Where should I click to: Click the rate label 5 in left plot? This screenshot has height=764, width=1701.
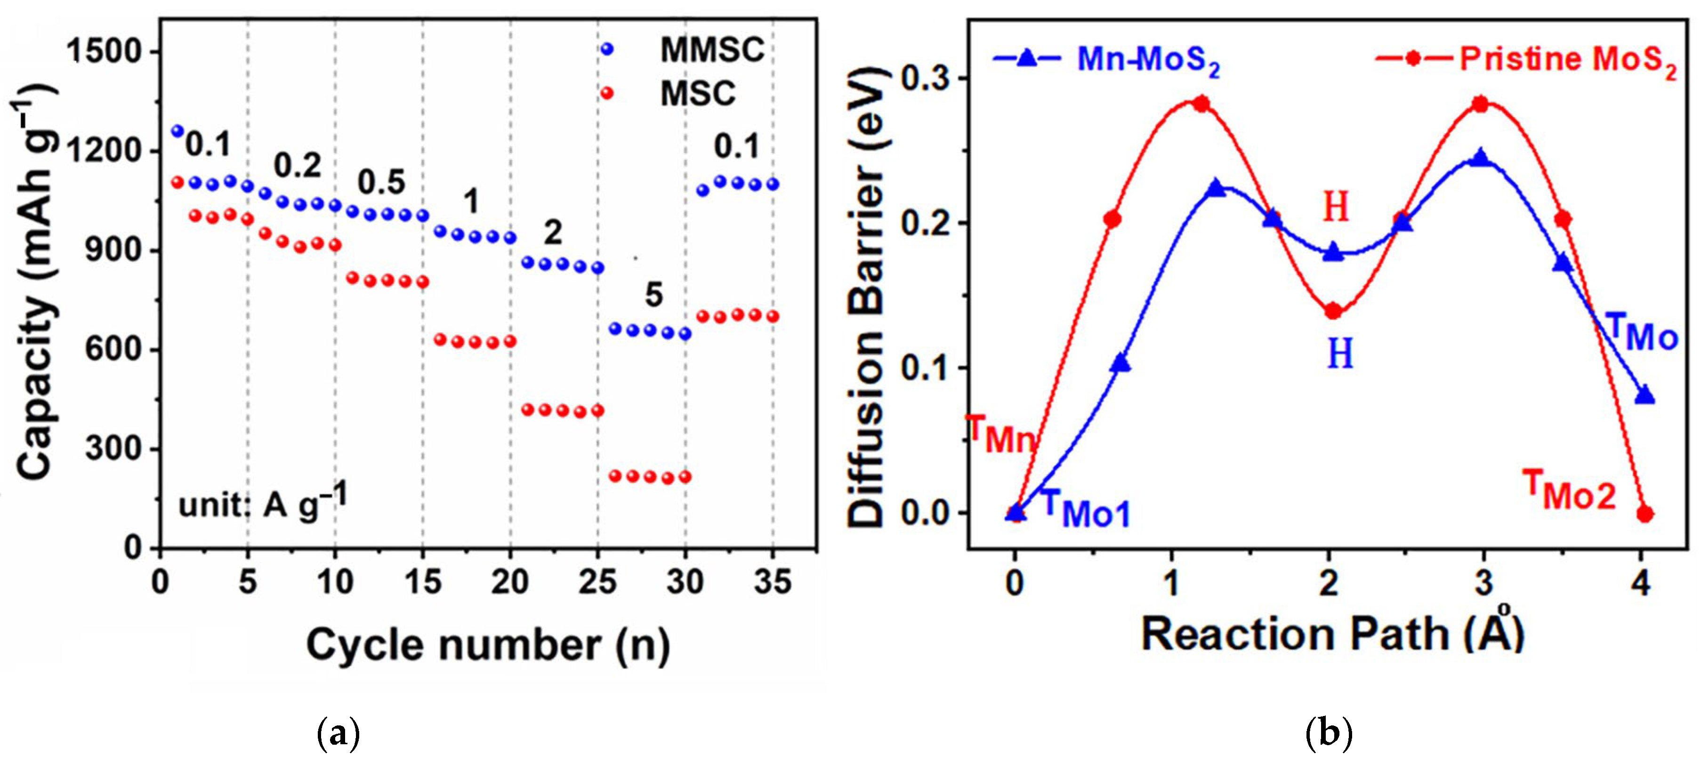654,295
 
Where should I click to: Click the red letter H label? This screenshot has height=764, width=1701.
1335,207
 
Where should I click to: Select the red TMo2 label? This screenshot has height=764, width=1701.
1570,490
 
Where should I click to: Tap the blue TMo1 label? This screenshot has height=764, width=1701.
1086,508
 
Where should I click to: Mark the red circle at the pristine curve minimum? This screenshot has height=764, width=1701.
1333,311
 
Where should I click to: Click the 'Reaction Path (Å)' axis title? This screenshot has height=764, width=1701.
1332,634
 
